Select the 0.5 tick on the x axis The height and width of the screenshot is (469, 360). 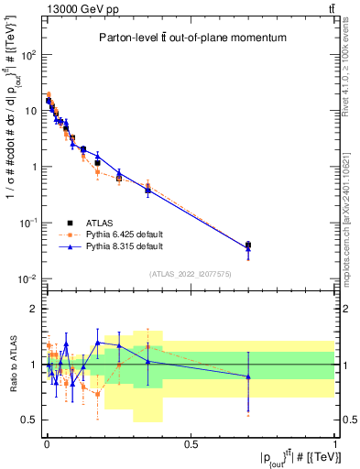191,443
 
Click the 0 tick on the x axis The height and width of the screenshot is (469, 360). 47,443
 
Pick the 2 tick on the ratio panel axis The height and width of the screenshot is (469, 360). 37,309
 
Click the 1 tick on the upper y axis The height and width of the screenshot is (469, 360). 37,167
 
